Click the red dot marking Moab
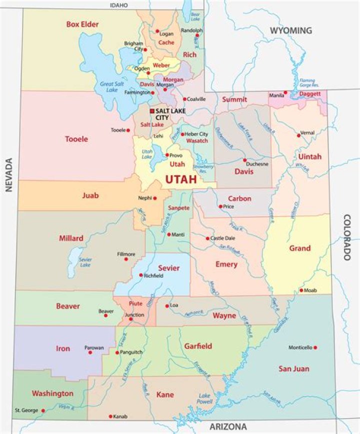tap(301, 290)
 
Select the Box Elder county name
tap(82, 24)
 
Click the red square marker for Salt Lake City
tap(152, 111)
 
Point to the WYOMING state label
tap(290, 31)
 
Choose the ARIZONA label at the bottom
tap(228, 427)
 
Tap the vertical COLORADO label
tap(346, 237)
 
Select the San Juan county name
tap(294, 369)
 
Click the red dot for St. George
tap(43, 411)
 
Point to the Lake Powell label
tap(204, 398)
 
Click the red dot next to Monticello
tap(315, 348)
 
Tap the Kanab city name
tap(120, 417)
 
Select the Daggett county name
tap(310, 94)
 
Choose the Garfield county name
tap(198, 346)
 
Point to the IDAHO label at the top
tap(119, 5)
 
